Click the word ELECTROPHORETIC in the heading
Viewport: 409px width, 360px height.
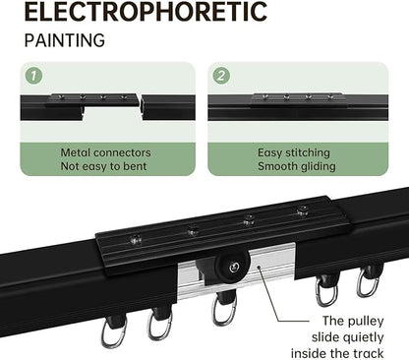pos(146,11)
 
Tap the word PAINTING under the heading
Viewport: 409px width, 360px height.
pos(65,40)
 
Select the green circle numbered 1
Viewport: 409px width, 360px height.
pos(33,76)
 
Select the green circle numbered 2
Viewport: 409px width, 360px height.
pos(221,76)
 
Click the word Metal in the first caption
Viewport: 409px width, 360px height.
pos(77,152)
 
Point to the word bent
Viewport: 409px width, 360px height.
pos(135,166)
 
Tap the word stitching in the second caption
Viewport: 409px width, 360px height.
pos(308,152)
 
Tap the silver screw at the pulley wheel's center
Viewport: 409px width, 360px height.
pos(234,268)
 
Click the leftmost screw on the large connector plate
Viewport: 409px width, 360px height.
pos(136,239)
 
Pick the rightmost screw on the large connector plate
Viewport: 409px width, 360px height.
pos(303,210)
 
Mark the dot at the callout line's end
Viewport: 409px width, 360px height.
pos(259,268)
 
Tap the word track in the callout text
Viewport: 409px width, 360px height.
pos(368,353)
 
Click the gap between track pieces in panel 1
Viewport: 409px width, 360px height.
pos(140,107)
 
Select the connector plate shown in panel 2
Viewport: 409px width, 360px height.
pos(298,100)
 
